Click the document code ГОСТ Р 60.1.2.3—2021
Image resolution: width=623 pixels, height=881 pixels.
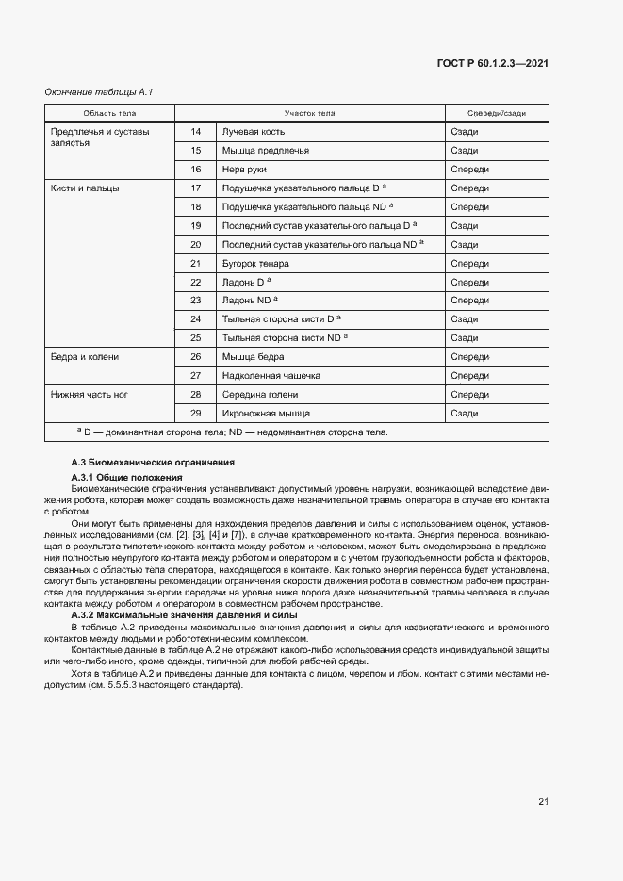click(494, 63)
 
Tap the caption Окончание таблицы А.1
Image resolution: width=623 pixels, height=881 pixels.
click(99, 92)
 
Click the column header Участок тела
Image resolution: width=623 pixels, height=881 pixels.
click(310, 113)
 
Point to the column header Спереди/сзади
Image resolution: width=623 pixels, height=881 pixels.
click(497, 113)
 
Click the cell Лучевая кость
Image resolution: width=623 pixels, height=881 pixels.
click(254, 132)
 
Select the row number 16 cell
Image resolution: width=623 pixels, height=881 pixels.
click(196, 170)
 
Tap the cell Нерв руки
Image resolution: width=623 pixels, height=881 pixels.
click(244, 170)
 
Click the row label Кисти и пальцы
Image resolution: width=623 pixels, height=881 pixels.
click(85, 188)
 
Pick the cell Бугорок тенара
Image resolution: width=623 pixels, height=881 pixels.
click(255, 263)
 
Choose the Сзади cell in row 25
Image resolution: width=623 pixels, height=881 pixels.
click(465, 338)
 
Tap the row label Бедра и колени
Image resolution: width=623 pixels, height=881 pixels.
click(85, 357)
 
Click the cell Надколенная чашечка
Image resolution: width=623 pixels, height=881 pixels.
click(271, 376)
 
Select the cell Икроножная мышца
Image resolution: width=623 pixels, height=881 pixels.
click(266, 414)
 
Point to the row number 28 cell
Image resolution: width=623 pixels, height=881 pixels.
click(196, 395)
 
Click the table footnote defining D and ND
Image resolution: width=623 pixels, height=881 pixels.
click(232, 432)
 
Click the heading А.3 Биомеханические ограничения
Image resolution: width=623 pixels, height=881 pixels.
click(153, 463)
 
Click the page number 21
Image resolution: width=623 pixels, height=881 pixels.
click(543, 802)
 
